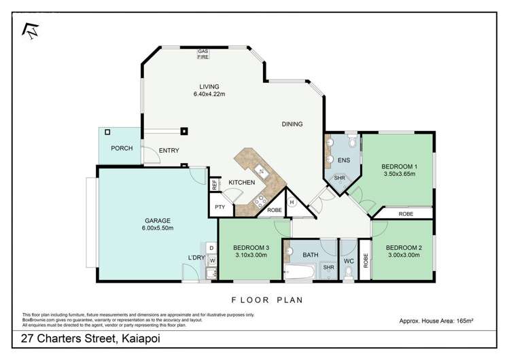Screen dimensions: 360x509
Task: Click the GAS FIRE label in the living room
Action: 203,54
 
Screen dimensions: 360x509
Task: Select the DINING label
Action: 292,124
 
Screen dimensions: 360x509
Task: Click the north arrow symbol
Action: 30,29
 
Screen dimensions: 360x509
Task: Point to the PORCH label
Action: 122,148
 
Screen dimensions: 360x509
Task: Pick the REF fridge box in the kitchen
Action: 214,184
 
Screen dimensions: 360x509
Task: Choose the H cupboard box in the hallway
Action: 292,202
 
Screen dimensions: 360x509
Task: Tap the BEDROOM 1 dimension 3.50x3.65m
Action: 399,174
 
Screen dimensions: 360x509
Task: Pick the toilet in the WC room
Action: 348,272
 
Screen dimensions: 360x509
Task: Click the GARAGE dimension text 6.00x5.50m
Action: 158,228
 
